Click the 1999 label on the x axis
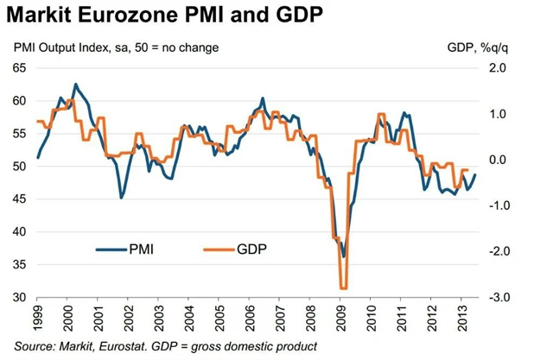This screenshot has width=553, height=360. pos(39,319)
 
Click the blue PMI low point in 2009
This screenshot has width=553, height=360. pos(343,256)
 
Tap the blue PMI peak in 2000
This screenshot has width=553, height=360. pos(75,84)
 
